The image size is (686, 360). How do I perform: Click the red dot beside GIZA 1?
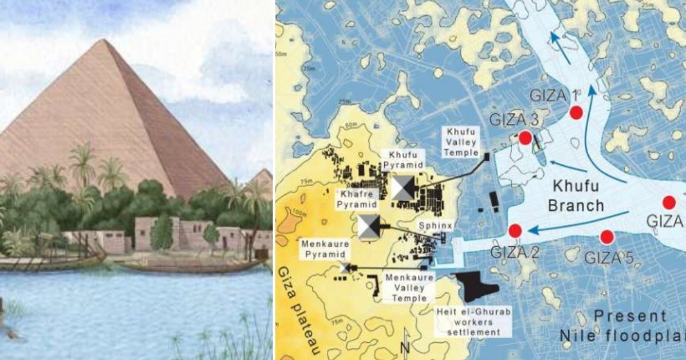(x=576, y=113)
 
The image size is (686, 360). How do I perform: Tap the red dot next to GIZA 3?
(x=525, y=138)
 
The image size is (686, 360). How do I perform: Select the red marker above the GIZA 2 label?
(x=515, y=231)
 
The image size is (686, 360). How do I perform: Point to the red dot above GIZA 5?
(x=607, y=237)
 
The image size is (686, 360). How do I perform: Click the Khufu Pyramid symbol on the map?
(x=404, y=187)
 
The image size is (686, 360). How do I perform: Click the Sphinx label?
(x=436, y=226)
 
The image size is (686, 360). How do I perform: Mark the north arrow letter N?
(x=406, y=347)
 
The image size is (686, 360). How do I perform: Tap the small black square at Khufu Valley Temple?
(x=486, y=155)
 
